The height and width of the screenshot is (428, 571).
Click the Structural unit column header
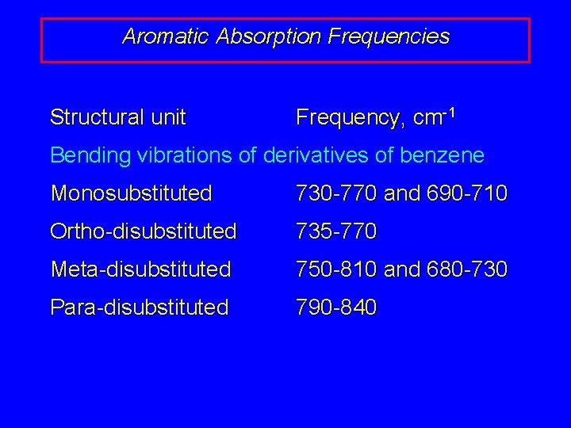[117, 118]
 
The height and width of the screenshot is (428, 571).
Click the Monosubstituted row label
[131, 193]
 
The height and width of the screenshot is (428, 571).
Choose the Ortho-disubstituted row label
[144, 231]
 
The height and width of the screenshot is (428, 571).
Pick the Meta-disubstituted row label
[140, 269]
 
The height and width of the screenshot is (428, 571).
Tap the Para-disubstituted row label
[140, 307]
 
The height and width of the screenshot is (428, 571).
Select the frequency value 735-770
[336, 231]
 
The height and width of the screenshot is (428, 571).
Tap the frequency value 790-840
[336, 307]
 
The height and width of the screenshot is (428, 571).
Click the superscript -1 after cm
[449, 113]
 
